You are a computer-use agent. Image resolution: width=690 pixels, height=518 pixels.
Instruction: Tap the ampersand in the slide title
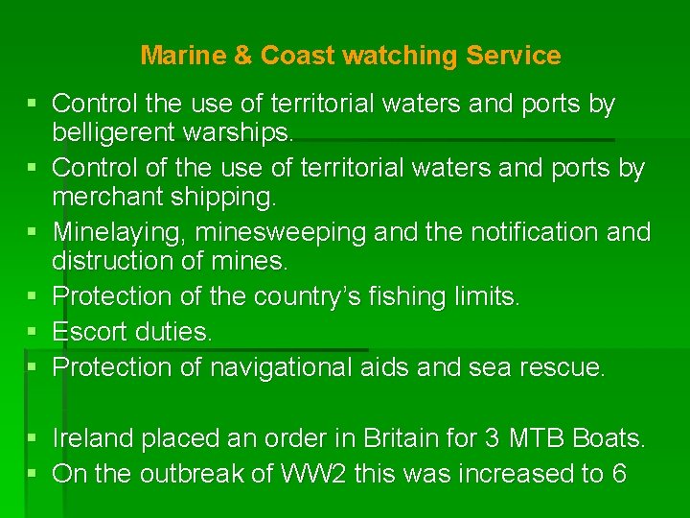[x=243, y=56]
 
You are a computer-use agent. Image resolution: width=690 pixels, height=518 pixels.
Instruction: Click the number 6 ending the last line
[x=618, y=474]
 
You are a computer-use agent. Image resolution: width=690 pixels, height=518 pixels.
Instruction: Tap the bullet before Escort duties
[x=33, y=332]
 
